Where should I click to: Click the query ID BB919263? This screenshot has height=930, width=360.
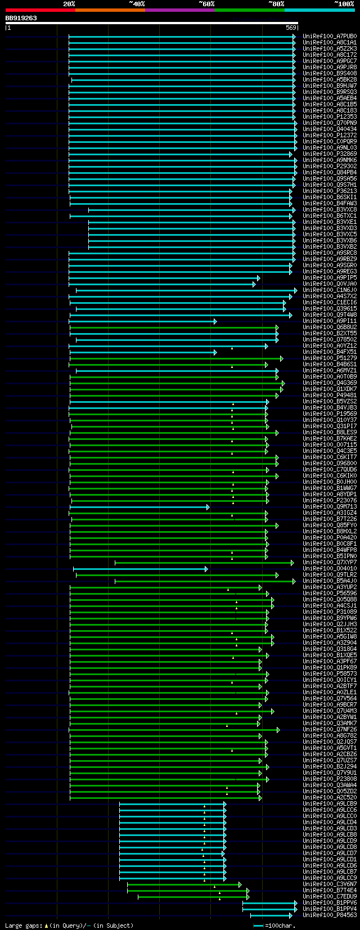coord(21,19)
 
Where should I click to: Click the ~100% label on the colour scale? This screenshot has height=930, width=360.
coord(344,4)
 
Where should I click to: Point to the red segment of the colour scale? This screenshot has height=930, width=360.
coord(40,10)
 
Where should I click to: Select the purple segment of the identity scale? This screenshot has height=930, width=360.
coord(179,10)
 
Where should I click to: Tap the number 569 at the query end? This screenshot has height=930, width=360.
coord(291,28)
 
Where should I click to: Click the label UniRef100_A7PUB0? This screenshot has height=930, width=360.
coord(329,36)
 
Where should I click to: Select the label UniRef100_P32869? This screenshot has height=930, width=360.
coord(329,154)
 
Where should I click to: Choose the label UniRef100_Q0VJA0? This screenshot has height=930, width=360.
coord(329,284)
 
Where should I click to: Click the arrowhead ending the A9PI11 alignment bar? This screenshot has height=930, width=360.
coord(215,321)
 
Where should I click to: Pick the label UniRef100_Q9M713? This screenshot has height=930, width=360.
coord(329,506)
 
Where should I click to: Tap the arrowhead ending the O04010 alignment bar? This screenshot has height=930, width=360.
coord(206,568)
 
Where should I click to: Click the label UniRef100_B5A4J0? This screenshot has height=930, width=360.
coord(329,581)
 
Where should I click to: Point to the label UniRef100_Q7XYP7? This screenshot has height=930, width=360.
coord(329,562)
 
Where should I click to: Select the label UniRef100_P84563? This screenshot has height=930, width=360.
coord(329,915)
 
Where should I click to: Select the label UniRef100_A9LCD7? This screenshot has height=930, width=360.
coord(329,853)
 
